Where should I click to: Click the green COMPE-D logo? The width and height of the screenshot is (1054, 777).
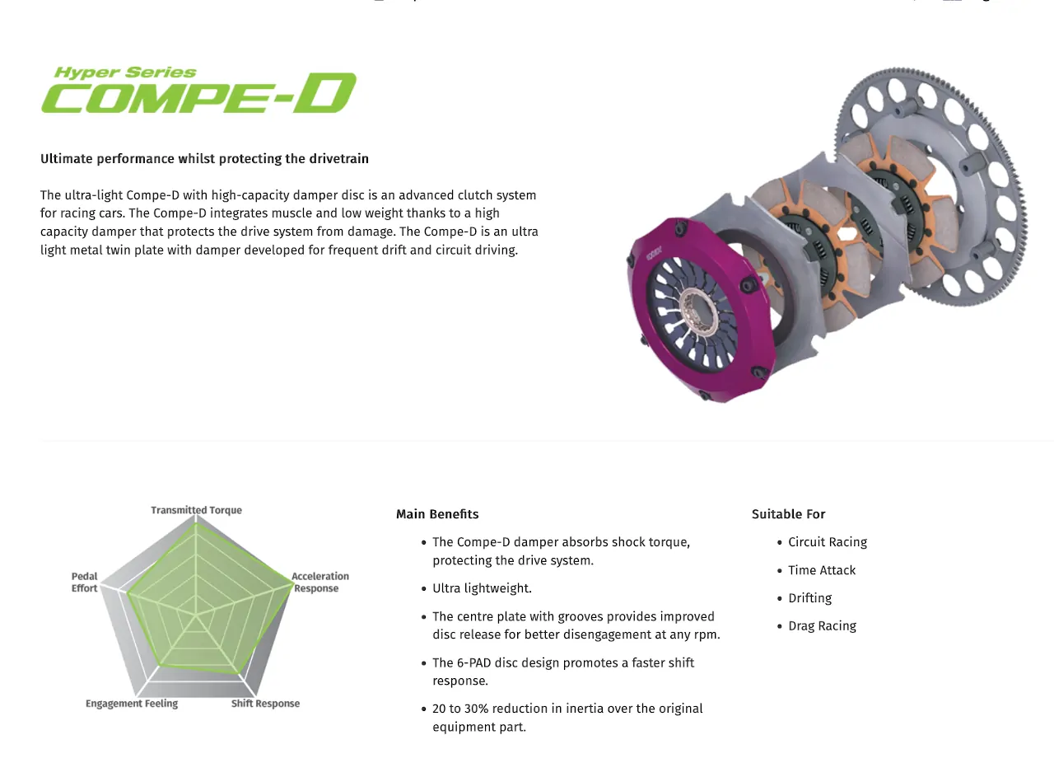199,93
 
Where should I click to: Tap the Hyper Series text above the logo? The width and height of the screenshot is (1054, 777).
125,73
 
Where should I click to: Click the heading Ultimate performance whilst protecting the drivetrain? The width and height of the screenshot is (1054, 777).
204,159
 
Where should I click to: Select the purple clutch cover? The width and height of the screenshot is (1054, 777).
701,308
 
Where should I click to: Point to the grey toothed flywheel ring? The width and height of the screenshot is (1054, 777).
930,186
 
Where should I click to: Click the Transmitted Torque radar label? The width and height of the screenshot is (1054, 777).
196,510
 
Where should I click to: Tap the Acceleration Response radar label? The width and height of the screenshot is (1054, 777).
320,582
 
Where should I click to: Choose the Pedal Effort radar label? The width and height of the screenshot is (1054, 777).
84,582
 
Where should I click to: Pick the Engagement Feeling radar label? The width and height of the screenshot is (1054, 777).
132,704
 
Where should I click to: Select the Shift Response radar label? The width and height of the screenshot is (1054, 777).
265,704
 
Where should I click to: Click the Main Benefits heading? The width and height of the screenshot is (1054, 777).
437,514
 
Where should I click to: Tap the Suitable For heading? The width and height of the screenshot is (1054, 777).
788,514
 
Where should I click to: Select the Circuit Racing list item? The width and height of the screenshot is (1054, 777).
828,542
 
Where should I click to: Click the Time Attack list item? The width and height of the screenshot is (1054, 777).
822,570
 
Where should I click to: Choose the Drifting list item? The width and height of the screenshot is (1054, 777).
809,598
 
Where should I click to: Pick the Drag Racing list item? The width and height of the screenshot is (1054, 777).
822,626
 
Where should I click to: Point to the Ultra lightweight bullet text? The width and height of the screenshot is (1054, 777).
482,588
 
